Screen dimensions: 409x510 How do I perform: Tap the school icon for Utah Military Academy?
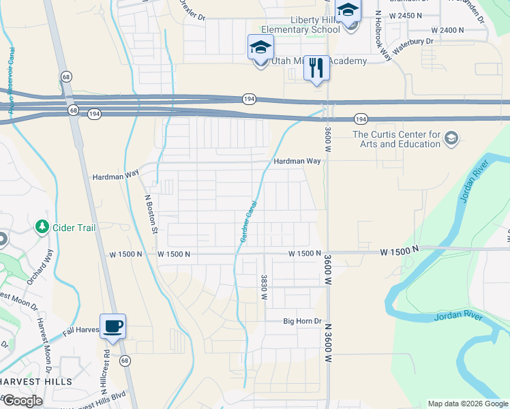[x=260, y=48]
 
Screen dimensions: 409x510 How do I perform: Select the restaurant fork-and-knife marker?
[x=316, y=67]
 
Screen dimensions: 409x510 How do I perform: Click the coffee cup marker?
[x=112, y=325]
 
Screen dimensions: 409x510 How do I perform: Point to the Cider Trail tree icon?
[x=42, y=226]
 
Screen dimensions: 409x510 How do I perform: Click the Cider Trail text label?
[x=74, y=228]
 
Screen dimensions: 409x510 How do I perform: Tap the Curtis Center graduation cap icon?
[x=450, y=139]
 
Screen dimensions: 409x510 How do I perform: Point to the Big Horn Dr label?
[x=302, y=321]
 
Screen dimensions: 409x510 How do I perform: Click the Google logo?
[x=22, y=401]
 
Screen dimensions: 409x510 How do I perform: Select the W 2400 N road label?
[x=447, y=31]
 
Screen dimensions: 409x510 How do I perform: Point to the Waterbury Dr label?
[x=412, y=41]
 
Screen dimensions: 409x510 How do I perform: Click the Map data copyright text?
[x=466, y=404]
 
